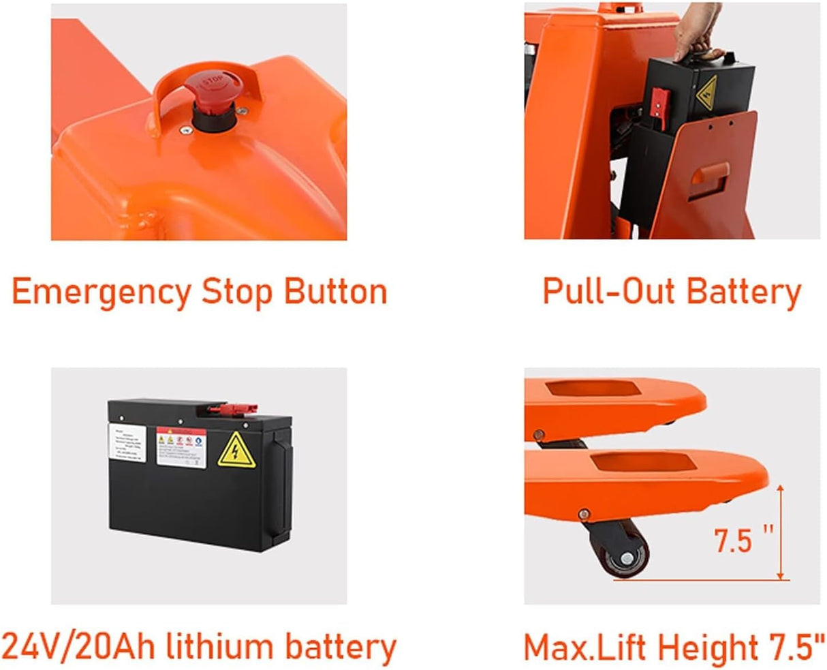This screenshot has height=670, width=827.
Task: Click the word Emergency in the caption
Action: click(x=102, y=292)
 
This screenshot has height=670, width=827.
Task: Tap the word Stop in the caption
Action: click(x=236, y=292)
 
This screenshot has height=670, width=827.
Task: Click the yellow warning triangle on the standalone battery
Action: click(x=236, y=450)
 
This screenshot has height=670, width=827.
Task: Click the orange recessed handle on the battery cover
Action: click(x=708, y=179)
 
